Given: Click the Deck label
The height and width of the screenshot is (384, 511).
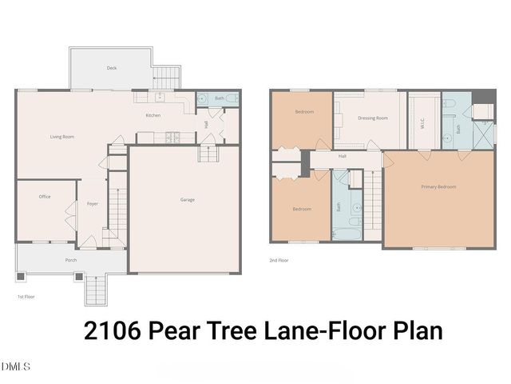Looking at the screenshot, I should (112, 68).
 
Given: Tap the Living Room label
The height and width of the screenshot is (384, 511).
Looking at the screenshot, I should (62, 137).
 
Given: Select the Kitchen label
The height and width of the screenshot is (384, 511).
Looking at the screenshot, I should (153, 116).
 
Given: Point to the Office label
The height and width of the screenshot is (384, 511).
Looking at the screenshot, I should (45, 196).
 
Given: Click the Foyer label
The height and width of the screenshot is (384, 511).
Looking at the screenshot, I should (92, 204).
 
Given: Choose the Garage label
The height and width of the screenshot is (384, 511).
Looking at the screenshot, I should (187, 199).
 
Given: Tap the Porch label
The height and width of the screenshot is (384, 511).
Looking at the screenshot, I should (70, 261).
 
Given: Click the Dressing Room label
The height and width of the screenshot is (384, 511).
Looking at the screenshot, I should (373, 118).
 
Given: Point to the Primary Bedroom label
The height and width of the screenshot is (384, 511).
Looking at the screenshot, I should (438, 186).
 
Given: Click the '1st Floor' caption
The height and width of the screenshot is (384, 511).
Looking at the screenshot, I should (26, 297).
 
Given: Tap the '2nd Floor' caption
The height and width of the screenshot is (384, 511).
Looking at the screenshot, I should (279, 260).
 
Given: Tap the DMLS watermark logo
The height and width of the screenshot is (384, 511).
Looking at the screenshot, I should (17, 366).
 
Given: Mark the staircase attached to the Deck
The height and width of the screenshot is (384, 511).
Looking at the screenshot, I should (167, 78).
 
